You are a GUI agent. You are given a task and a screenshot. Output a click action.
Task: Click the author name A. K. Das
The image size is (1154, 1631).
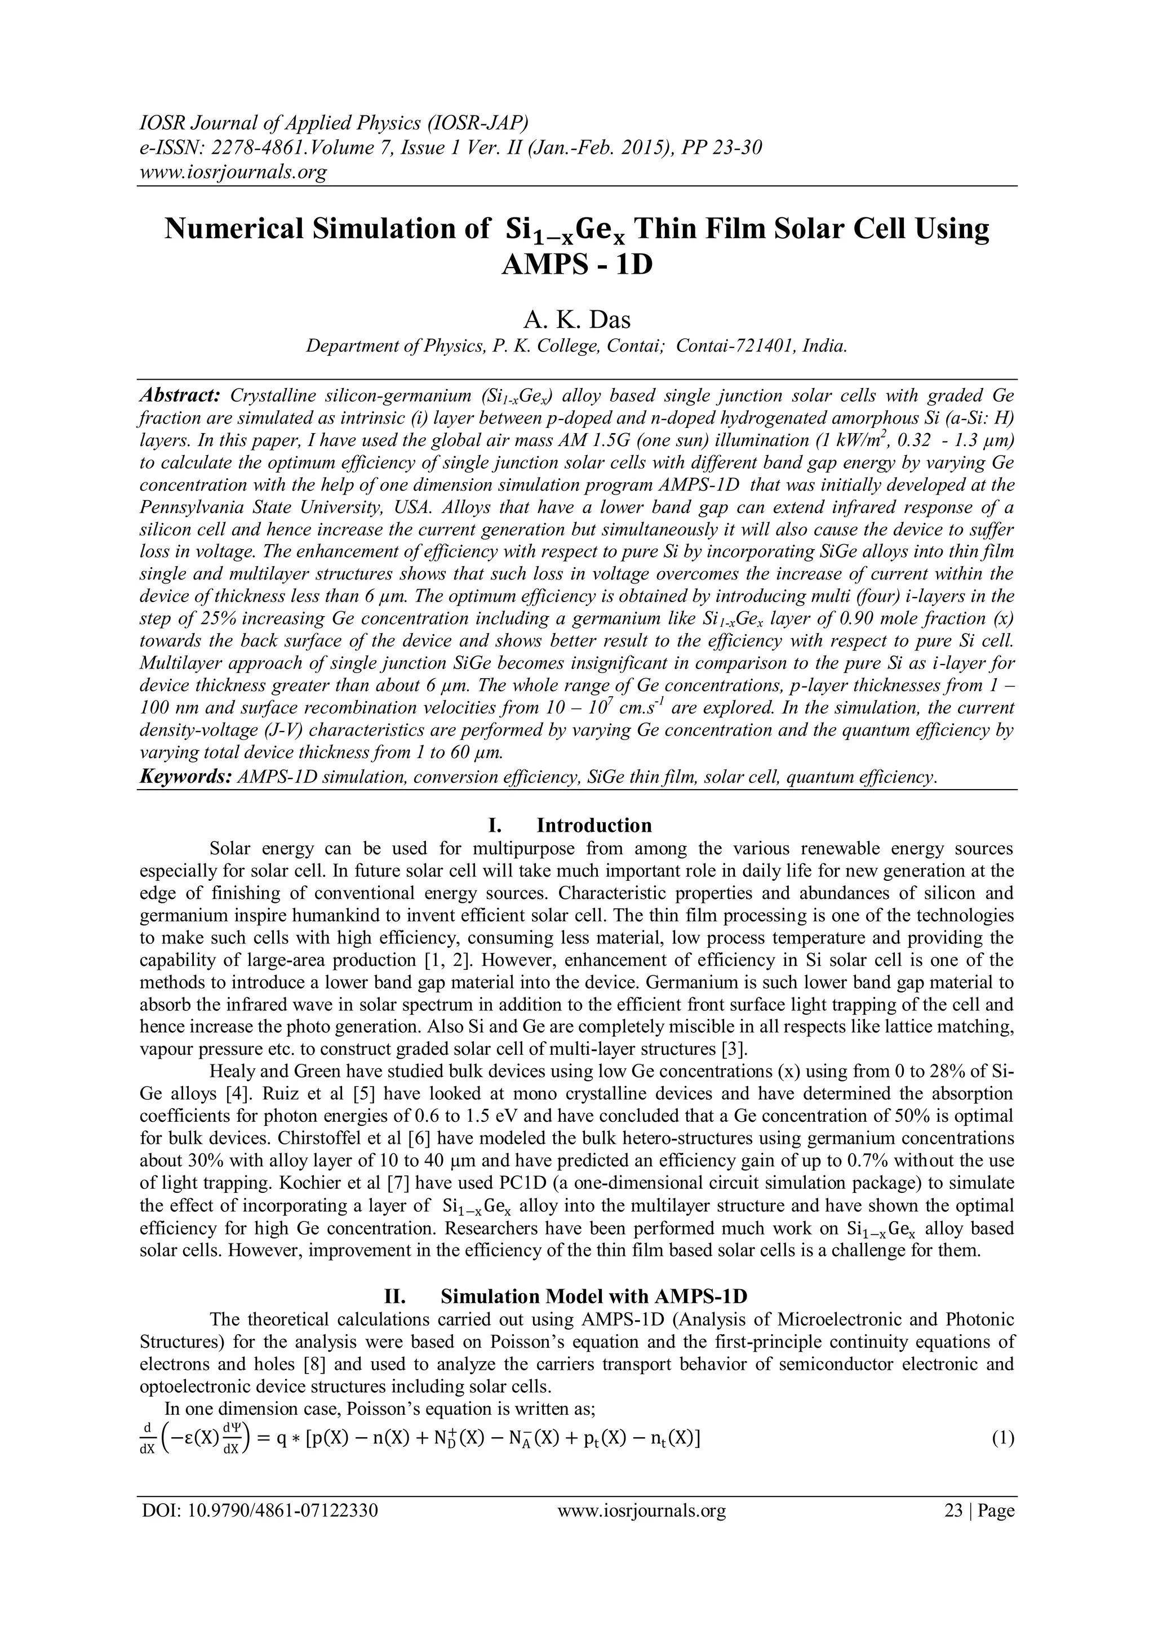pyautogui.click(x=576, y=320)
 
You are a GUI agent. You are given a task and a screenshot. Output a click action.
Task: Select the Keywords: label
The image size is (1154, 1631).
pyautogui.click(x=185, y=777)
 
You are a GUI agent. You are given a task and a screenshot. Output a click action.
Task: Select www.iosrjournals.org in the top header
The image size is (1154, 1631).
pyautogui.click(x=232, y=171)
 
